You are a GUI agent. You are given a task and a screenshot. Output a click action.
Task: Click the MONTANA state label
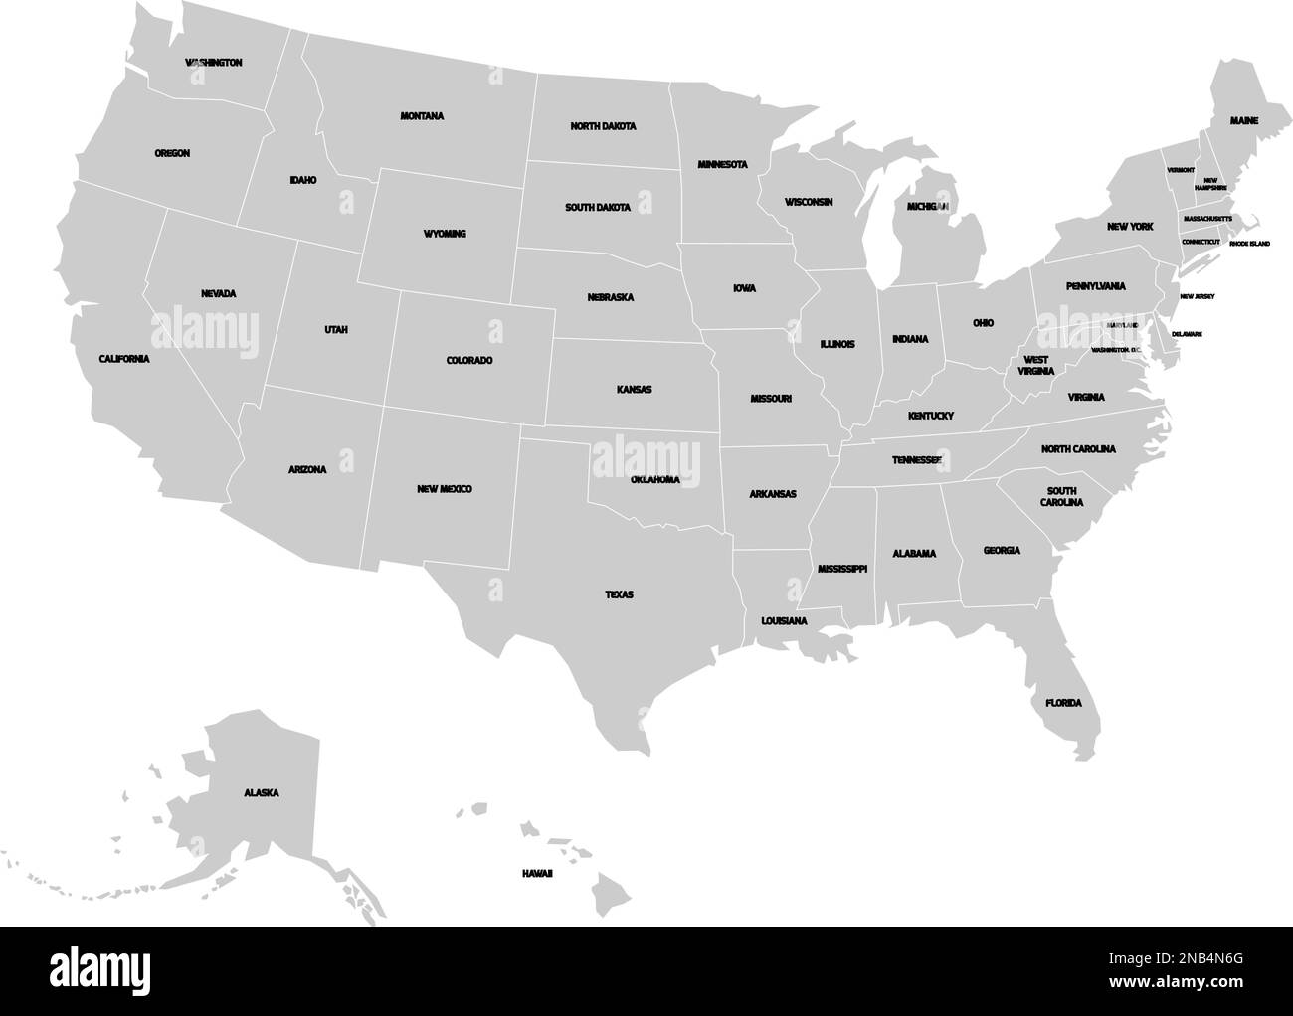422,116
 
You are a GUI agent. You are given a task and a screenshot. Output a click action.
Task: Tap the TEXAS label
619,594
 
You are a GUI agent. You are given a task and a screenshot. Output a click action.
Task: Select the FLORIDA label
1062,703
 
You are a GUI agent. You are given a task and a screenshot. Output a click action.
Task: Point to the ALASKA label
261,793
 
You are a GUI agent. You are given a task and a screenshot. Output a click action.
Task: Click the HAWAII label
537,873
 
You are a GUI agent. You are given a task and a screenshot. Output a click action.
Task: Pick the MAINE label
1243,120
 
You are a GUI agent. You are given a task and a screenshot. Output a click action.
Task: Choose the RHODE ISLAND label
1249,243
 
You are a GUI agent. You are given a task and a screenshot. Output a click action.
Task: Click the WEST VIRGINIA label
1035,365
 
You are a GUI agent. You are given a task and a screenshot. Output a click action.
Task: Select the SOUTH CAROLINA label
1062,497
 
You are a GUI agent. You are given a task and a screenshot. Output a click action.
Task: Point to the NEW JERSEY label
1198,296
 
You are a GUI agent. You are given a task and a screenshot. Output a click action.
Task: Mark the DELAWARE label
1187,334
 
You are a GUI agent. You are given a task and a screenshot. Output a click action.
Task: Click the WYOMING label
445,234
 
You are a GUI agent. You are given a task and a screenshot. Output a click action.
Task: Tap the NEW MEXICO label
445,489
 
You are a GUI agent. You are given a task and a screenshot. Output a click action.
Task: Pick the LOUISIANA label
784,620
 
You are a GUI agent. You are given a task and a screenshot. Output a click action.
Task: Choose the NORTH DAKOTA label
603,126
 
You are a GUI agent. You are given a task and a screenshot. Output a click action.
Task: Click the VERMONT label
1181,170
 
